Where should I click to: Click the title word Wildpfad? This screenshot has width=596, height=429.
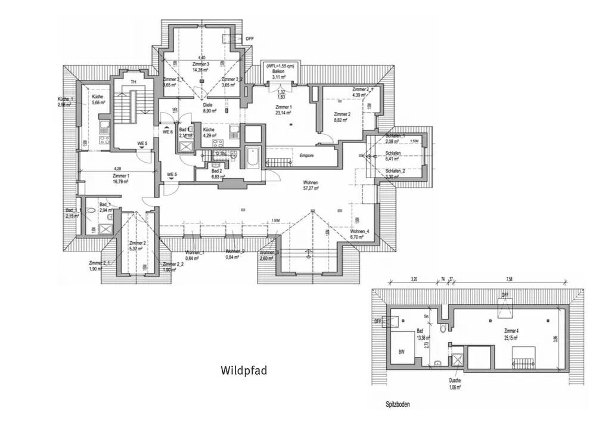click(x=244, y=370)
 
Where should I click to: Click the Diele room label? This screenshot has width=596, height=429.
click(x=207, y=105)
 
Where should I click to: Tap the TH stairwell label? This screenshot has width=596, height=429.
click(x=134, y=82)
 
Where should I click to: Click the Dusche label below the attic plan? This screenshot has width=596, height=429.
click(x=455, y=380)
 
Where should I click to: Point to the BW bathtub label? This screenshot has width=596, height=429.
click(x=402, y=352)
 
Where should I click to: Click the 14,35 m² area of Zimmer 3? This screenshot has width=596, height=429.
click(x=200, y=70)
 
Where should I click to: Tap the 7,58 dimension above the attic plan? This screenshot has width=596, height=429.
click(x=510, y=279)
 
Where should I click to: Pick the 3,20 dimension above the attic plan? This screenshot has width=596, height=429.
click(x=413, y=279)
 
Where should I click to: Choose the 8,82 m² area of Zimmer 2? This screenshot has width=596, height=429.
click(x=342, y=120)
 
